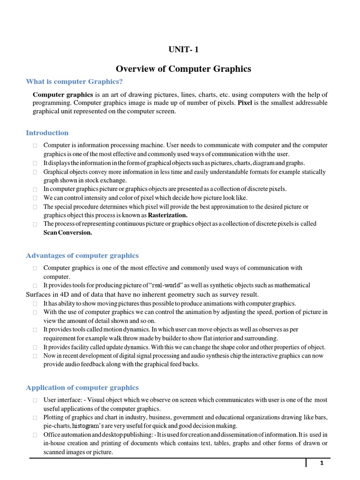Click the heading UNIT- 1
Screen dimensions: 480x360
coord(180,50)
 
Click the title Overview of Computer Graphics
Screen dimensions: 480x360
coord(183,69)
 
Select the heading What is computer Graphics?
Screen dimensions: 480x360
coord(75,82)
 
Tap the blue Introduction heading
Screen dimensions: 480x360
coord(47,133)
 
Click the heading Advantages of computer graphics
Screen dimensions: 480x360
coord(82,255)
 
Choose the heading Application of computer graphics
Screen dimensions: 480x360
coord(82,387)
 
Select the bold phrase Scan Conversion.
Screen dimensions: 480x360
coord(68,232)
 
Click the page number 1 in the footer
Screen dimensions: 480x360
coord(322,464)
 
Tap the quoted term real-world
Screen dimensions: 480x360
coord(171,285)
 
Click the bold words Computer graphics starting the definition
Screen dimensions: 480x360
coord(63,94)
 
